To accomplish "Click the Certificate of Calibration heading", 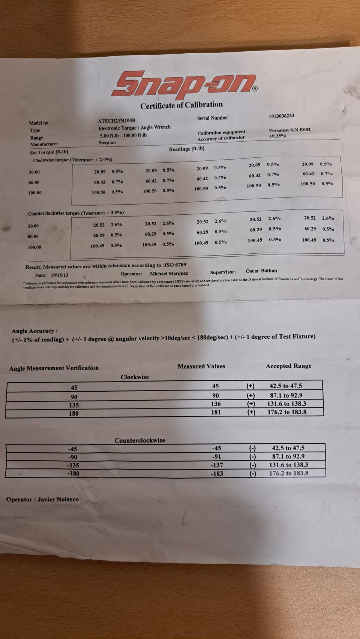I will point(181,105).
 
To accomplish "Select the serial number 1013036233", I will point(281,116).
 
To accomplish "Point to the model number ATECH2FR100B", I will point(116,121).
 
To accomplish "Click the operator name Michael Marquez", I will point(169,274).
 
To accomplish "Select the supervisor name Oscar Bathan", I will point(261,271).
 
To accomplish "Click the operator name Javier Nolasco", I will point(58,500).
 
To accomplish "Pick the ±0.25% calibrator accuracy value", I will point(277,136).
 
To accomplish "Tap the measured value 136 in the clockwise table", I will point(216,404).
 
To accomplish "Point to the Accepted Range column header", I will point(288,366).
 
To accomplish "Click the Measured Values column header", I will point(201,366).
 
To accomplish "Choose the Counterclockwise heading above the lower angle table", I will point(140,440).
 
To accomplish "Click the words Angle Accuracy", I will point(34,331).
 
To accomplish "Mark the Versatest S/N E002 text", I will point(289,130).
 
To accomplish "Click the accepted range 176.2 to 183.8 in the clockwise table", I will point(288,412).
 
